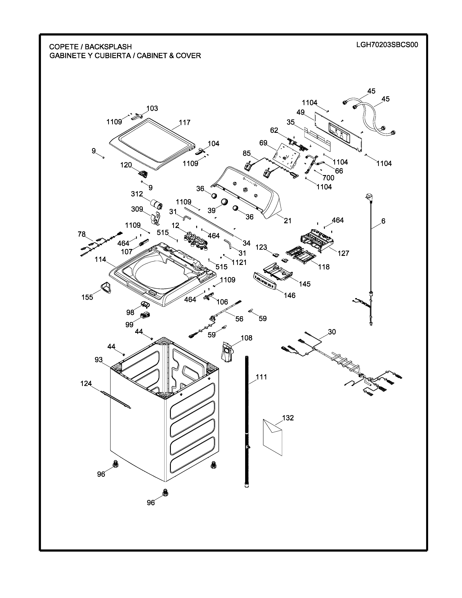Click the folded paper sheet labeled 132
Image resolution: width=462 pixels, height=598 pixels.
click(x=272, y=437)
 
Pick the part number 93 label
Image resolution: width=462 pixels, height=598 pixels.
click(x=99, y=360)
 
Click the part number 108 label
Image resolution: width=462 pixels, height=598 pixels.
click(x=246, y=338)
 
